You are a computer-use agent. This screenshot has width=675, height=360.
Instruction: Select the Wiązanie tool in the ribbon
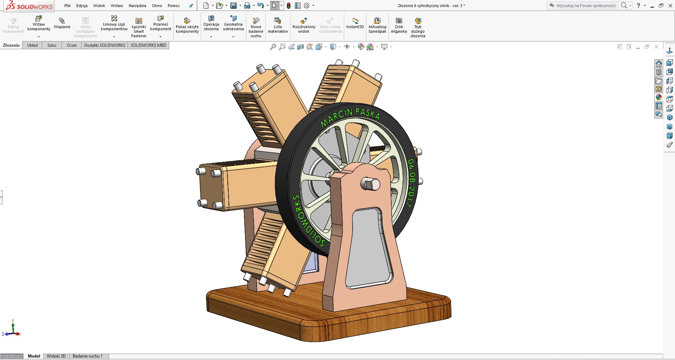point(62,23)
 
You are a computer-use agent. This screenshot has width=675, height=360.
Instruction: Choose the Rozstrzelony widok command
point(304,25)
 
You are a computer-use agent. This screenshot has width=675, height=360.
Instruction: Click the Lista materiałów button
point(278,25)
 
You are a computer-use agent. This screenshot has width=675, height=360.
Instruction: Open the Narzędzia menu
point(137,6)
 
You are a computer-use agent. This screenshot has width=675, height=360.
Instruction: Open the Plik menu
point(67,6)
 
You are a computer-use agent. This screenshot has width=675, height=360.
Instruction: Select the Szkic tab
point(52,45)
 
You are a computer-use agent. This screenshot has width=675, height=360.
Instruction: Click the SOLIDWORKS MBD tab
point(148,45)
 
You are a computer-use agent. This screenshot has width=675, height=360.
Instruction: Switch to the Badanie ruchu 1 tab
point(88,356)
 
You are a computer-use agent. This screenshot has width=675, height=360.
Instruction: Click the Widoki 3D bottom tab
point(56,356)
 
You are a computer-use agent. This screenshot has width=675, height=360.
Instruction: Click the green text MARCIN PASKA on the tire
point(350,116)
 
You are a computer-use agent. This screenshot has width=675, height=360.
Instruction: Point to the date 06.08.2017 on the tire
point(411,183)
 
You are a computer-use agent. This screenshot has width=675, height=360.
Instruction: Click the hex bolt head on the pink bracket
point(370,184)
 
